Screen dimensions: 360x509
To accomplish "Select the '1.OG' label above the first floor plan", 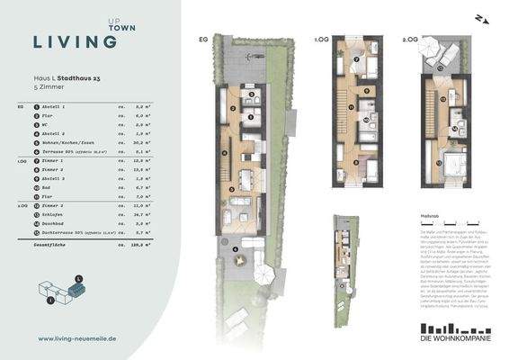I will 320,40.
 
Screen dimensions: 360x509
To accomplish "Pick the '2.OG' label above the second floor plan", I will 409,40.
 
